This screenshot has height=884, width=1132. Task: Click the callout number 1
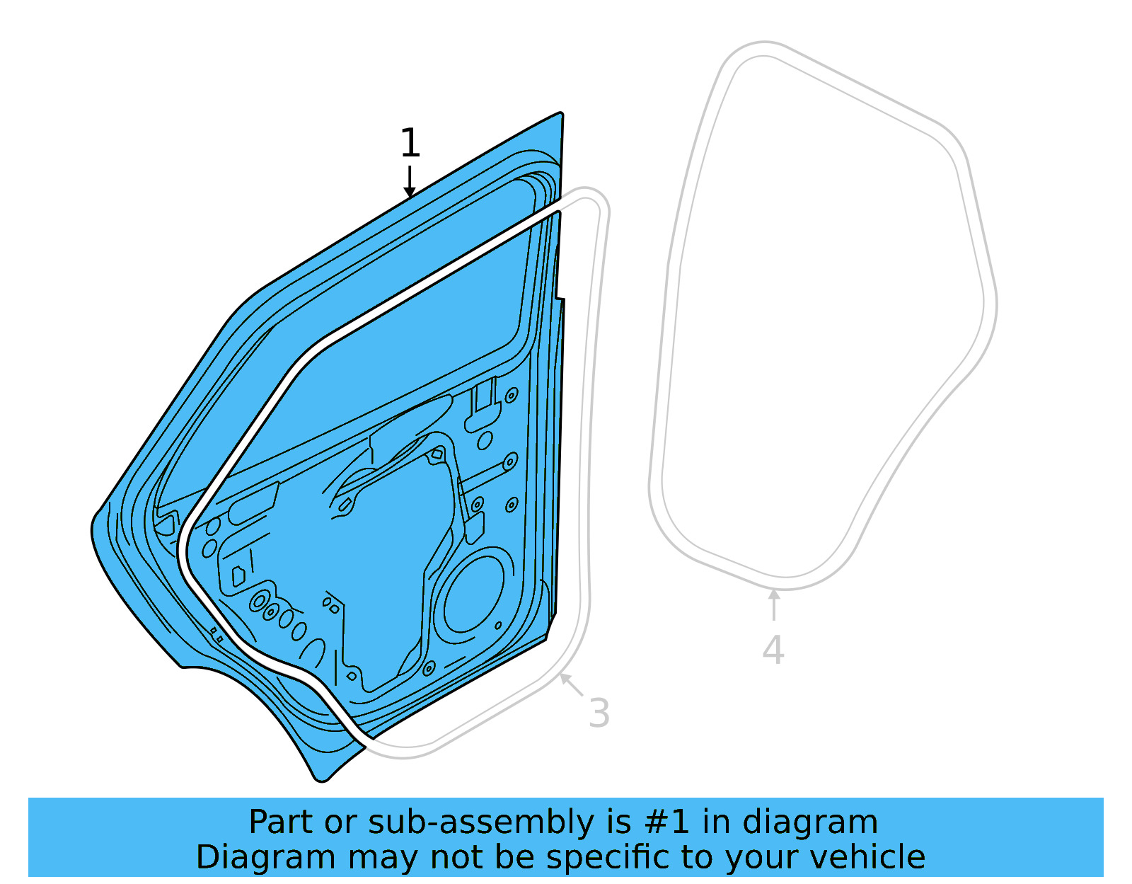point(410,144)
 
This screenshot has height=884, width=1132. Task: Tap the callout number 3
point(599,713)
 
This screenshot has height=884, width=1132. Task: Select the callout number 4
point(773,650)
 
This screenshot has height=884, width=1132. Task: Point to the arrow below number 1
point(410,182)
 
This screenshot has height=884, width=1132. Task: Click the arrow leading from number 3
point(572,684)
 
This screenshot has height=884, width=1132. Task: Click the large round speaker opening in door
point(473,594)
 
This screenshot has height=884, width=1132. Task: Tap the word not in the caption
point(453,857)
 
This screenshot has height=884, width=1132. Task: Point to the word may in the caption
point(382,857)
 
